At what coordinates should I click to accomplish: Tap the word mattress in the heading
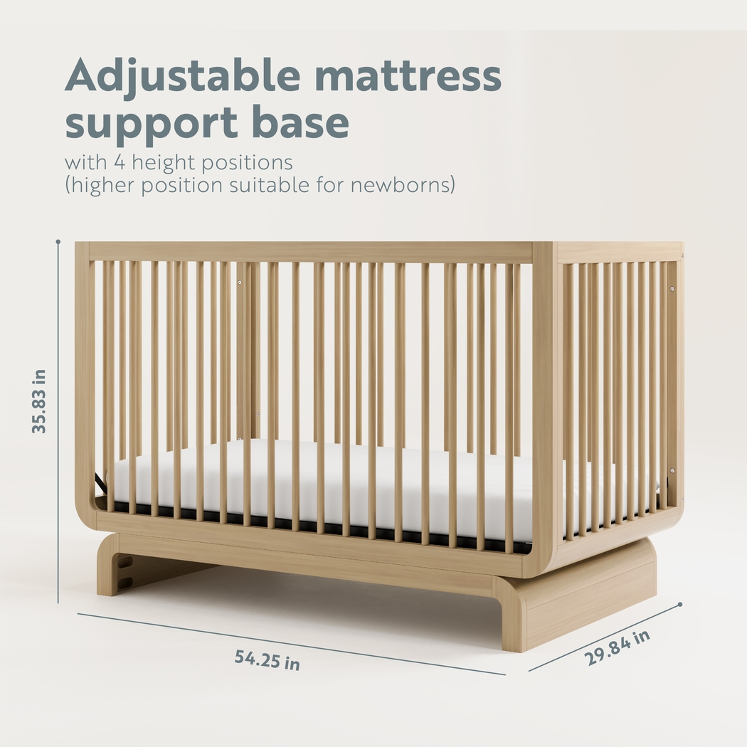408,75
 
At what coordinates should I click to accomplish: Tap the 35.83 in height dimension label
40,401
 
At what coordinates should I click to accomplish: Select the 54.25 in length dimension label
267,660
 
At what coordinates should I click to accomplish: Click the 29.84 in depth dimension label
618,647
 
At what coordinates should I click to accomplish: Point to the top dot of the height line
58,242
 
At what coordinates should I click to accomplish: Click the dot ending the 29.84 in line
680,605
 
